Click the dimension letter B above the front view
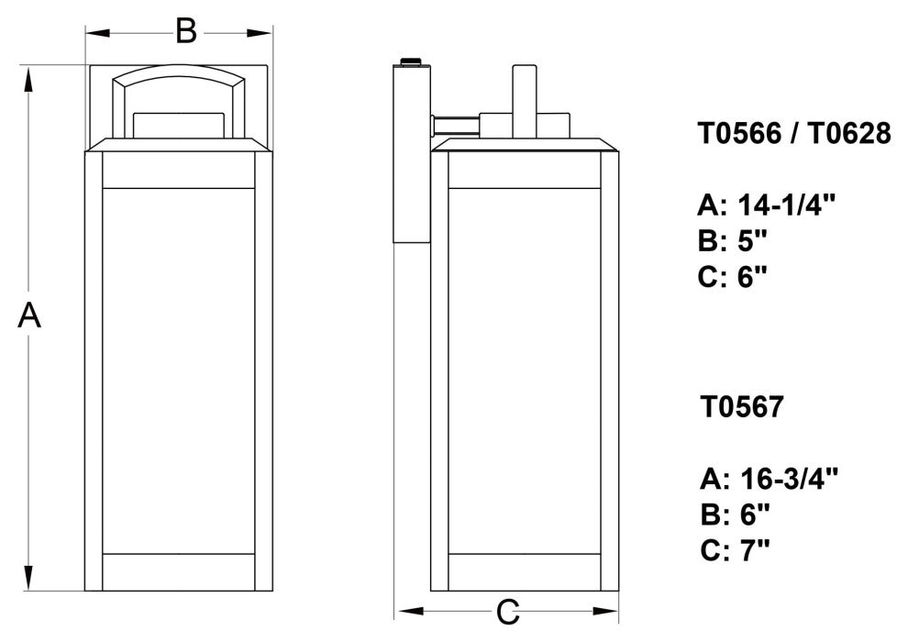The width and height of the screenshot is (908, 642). [186, 32]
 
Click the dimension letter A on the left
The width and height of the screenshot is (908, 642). [30, 316]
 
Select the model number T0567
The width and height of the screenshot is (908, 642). [742, 406]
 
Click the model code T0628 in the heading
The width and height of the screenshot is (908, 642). [849, 134]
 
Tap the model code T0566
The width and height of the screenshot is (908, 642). [742, 134]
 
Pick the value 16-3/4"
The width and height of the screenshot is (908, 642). [784, 478]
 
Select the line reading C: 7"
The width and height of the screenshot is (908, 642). [733, 550]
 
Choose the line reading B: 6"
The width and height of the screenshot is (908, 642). [733, 514]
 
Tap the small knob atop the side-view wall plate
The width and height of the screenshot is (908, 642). [409, 61]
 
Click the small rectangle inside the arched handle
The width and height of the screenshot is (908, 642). [179, 125]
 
